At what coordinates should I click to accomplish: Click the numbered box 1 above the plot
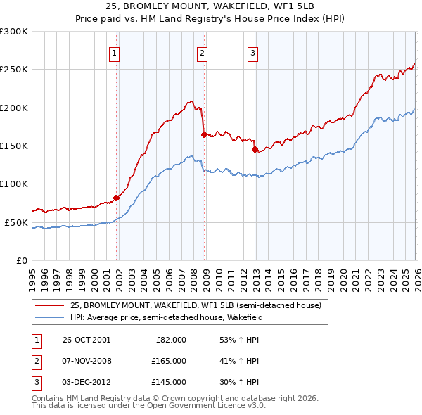(114, 51)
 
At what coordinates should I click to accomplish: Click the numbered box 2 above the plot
(202, 51)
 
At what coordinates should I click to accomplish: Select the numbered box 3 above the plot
(252, 51)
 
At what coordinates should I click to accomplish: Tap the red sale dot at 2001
(117, 198)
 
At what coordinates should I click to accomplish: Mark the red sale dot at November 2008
(204, 134)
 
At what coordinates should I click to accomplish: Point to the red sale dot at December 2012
(255, 149)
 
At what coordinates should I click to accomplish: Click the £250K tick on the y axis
(14, 70)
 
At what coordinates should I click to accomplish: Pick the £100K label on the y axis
(14, 184)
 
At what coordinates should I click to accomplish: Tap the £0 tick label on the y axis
(20, 260)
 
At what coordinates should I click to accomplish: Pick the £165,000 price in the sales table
(170, 361)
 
